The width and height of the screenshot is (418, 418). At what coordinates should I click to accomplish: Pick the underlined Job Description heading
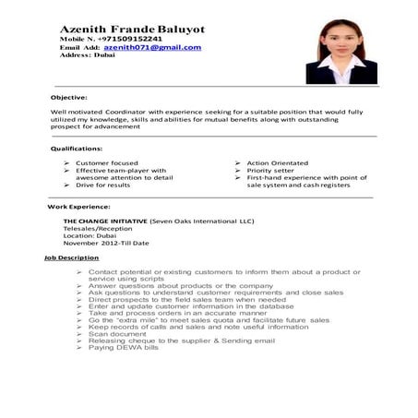click(71, 257)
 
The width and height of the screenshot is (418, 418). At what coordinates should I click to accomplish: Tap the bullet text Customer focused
click(107, 163)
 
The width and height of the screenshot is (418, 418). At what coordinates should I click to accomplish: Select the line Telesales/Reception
click(98, 230)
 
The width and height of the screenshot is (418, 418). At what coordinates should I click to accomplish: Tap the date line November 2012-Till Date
click(105, 244)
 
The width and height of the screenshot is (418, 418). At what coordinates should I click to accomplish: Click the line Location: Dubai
click(90, 236)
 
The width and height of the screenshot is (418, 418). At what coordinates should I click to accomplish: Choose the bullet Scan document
click(119, 333)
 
